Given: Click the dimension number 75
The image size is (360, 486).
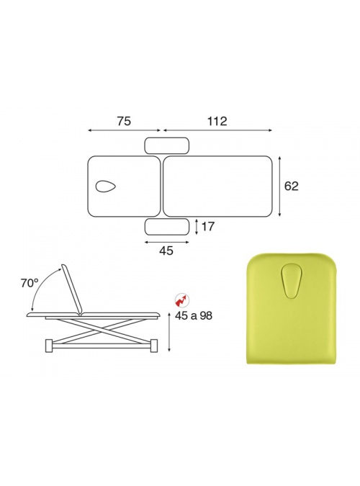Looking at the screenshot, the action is (x=124, y=121).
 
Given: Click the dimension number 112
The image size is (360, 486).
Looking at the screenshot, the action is (x=217, y=121).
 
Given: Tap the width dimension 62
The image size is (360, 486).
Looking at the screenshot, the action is (x=291, y=186).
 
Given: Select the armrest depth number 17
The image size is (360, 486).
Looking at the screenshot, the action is (x=208, y=227).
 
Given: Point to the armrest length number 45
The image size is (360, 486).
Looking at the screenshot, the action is (x=166, y=251).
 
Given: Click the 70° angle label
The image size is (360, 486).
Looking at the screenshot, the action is (x=30, y=283).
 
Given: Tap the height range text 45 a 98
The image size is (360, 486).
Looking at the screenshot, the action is (x=194, y=316).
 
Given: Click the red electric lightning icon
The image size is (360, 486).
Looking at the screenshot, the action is (x=181, y=300).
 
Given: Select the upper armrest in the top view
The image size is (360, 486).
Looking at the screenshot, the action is (x=167, y=145).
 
